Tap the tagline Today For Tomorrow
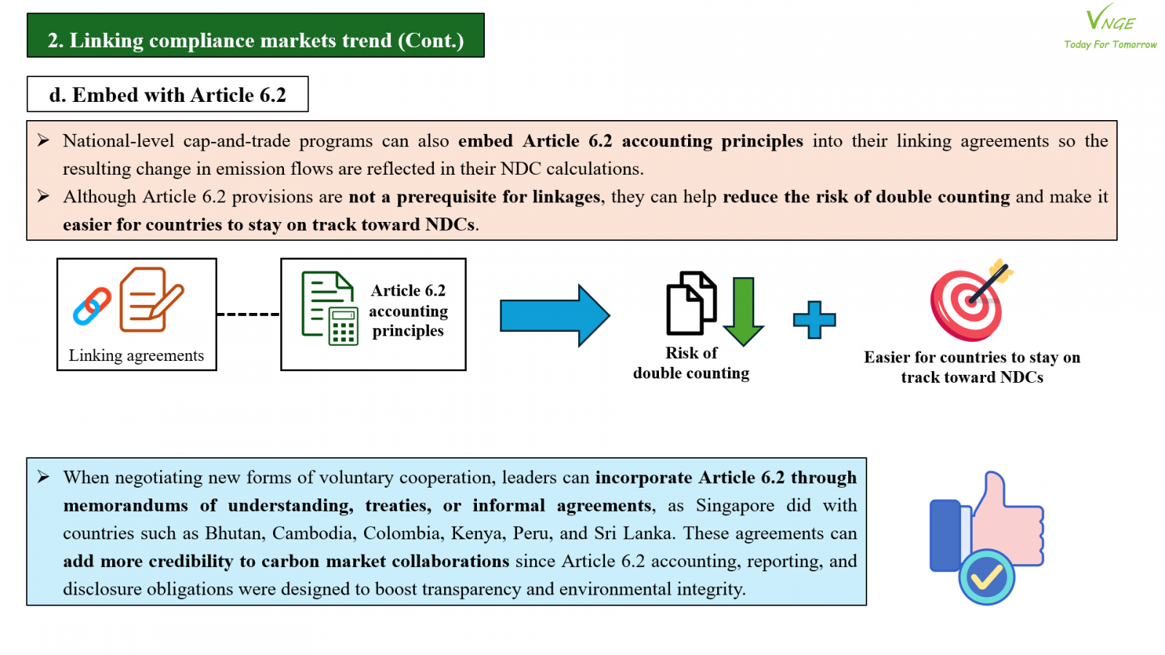(1110, 44)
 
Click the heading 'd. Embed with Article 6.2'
(167, 95)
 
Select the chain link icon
(92, 306)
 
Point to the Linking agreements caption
(136, 356)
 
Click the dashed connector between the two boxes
(248, 314)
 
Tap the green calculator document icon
(330, 308)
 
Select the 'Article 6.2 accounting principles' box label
(408, 310)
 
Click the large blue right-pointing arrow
(555, 315)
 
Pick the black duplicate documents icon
(691, 303)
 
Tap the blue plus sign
(815, 319)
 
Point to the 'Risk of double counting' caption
(691, 363)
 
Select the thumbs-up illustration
(987, 537)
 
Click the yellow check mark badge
(987, 577)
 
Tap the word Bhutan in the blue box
(234, 533)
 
